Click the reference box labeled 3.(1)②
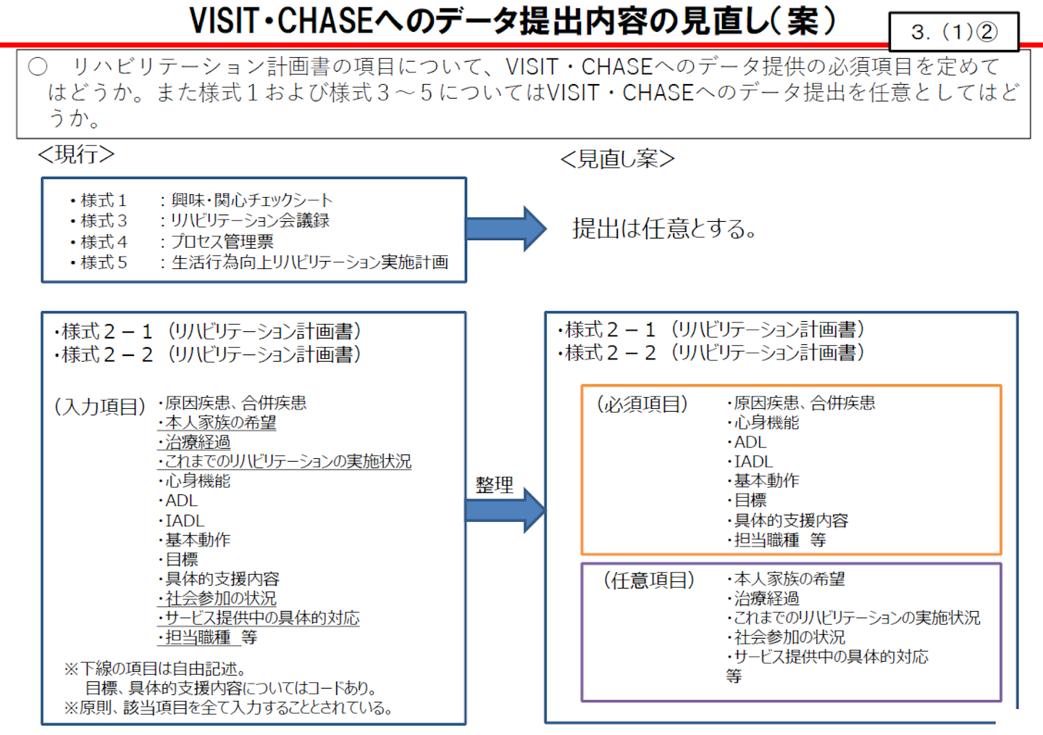pyautogui.click(x=953, y=32)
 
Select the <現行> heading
pyautogui.click(x=76, y=154)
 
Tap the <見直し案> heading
pyautogui.click(x=617, y=159)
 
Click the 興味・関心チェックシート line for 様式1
pyautogui.click(x=251, y=200)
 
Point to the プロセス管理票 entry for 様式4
pyautogui.click(x=222, y=241)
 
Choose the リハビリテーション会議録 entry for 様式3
pyautogui.click(x=249, y=220)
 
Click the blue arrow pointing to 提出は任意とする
pyautogui.click(x=506, y=228)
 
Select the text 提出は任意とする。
pyautogui.click(x=664, y=229)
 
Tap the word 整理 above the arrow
pyautogui.click(x=494, y=485)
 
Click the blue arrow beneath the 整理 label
pyautogui.click(x=505, y=510)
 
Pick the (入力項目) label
pyautogui.click(x=100, y=407)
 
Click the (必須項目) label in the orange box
pyautogui.click(x=642, y=404)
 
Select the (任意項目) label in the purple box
pyautogui.click(x=649, y=580)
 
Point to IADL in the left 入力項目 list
pyautogui.click(x=184, y=520)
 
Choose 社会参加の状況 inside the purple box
pyautogui.click(x=789, y=637)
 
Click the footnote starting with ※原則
pyautogui.click(x=228, y=707)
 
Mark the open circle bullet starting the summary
pyautogui.click(x=38, y=67)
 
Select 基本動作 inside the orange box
pyautogui.click(x=766, y=481)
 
